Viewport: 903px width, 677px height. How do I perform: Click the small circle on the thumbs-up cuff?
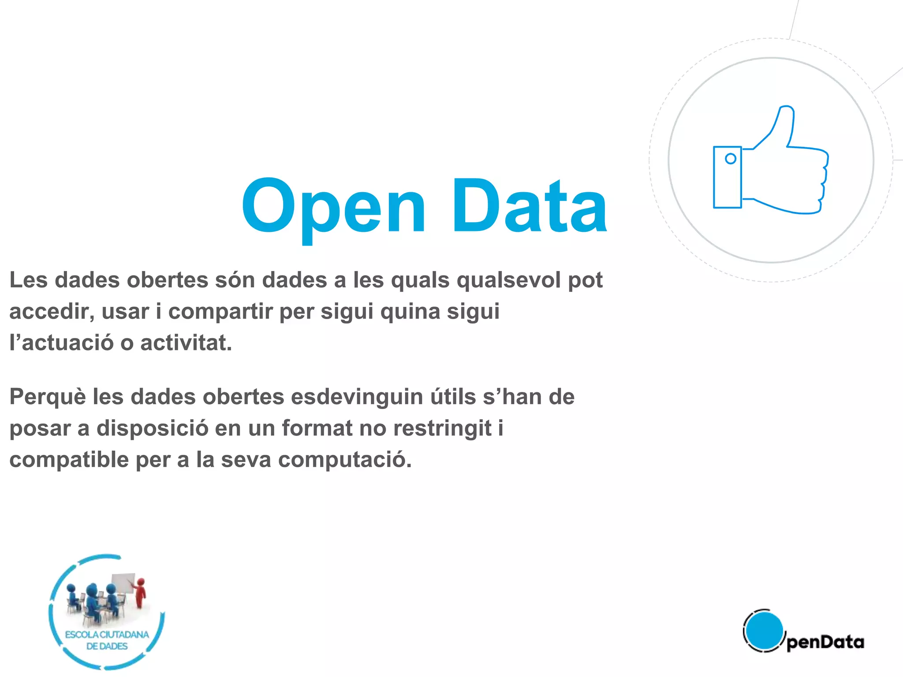point(730,159)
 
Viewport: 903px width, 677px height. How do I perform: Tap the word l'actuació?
point(62,343)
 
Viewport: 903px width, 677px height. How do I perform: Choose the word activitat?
point(186,343)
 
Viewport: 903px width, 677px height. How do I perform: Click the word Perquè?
point(48,397)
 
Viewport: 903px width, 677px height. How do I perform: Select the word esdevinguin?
point(357,397)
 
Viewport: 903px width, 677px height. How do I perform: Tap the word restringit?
point(442,428)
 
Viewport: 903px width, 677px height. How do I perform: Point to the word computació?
point(345,460)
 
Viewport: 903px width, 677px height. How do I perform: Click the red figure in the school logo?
point(140,593)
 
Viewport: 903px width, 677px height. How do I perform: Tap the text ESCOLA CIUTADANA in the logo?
point(107,635)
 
